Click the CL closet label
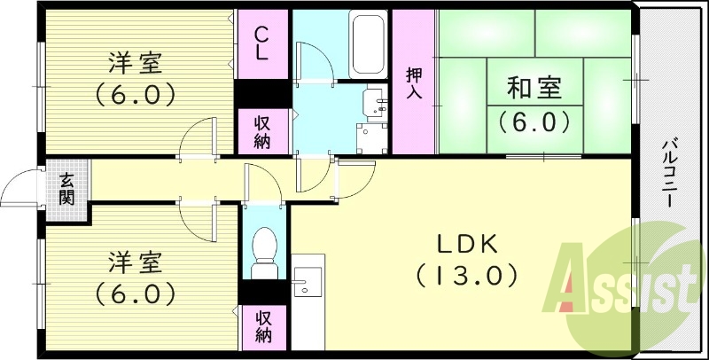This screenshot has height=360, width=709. click(261, 43)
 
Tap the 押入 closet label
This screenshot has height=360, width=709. click(413, 82)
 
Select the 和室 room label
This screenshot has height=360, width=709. click(534, 88)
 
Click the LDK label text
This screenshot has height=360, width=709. click(467, 244)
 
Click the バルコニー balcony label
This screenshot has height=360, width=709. click(671, 174)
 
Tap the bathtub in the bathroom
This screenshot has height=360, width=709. click(368, 44)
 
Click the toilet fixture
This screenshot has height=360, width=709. click(264, 253)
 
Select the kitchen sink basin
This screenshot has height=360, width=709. click(307, 282)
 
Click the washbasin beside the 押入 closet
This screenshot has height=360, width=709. click(377, 103)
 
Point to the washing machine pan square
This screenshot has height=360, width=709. click(371, 138)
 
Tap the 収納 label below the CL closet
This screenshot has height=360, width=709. click(262, 132)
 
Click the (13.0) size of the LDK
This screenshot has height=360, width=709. click(467, 275)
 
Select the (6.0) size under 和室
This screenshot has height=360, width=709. click(534, 121)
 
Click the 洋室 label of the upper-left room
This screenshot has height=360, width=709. click(136, 63)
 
